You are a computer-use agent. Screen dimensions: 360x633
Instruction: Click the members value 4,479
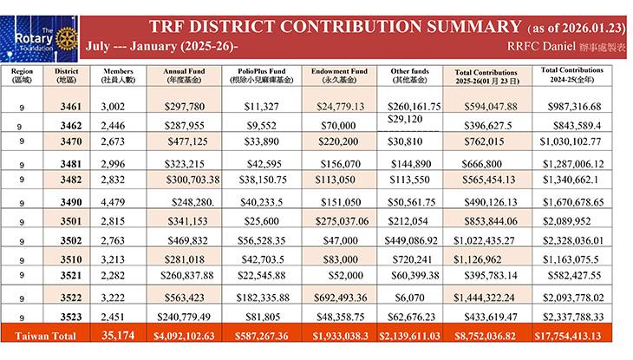[x=114, y=201]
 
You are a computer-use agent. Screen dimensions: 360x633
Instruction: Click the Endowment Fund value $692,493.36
[x=338, y=297]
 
